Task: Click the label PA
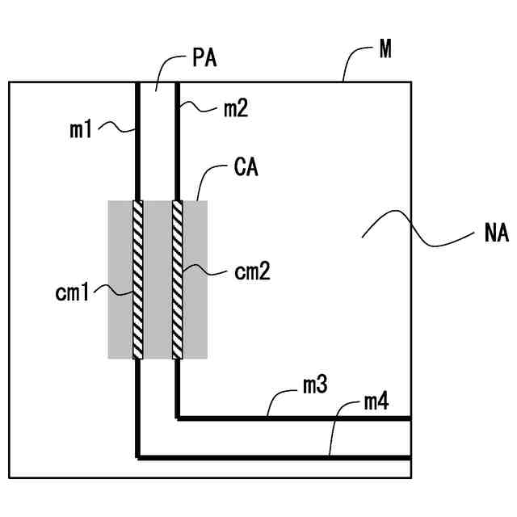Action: [x=204, y=58]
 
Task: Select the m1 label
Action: [x=81, y=129]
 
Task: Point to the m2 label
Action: [x=236, y=109]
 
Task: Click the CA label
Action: [x=246, y=167]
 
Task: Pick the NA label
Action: [x=497, y=233]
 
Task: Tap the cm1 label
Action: [x=72, y=292]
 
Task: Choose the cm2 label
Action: [x=253, y=272]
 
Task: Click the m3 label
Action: [x=315, y=385]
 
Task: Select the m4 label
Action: [x=376, y=402]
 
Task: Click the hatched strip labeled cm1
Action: [x=138, y=280]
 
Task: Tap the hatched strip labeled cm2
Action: [x=178, y=280]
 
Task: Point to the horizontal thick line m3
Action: [x=294, y=418]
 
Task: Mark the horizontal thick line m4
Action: [x=275, y=458]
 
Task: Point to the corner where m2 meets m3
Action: [x=178, y=418]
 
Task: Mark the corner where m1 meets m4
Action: [x=138, y=458]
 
